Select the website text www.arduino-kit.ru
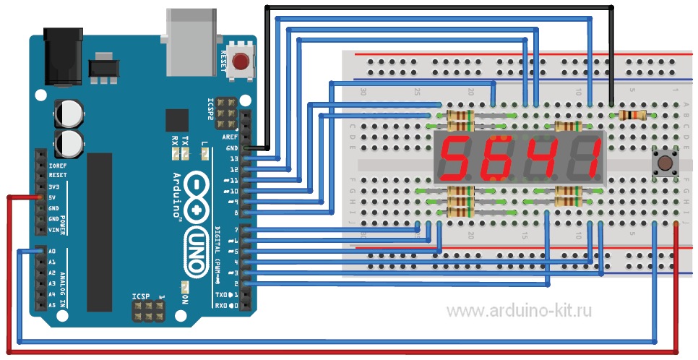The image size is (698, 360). [x=518, y=312]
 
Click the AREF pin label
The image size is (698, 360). [x=230, y=137]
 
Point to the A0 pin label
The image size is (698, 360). [x=51, y=252]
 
